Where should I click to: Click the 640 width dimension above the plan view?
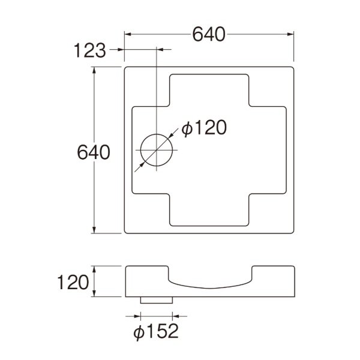[209, 35]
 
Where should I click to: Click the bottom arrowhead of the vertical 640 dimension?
[94, 230]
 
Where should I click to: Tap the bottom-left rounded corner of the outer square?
[127, 232]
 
